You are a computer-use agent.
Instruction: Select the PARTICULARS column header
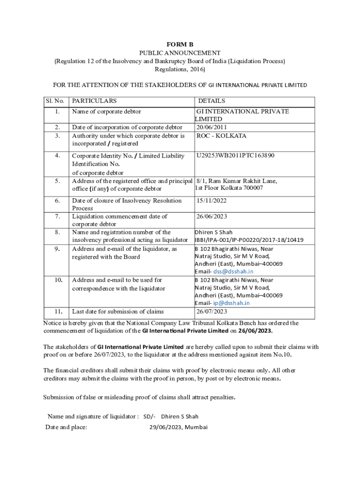click(x=94, y=101)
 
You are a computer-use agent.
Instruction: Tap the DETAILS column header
click(x=211, y=101)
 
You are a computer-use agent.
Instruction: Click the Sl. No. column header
click(x=55, y=101)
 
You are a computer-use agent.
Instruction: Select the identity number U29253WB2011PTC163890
click(x=235, y=155)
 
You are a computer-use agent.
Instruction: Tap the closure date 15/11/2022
click(x=212, y=201)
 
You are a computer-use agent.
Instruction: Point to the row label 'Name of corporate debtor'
click(x=107, y=111)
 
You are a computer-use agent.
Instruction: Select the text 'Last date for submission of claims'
click(x=118, y=311)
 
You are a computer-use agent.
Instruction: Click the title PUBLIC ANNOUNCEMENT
click(x=180, y=53)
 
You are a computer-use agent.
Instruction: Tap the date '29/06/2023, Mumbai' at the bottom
click(x=179, y=427)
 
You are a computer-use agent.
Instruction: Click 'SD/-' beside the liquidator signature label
click(x=150, y=416)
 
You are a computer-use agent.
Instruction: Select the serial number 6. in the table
click(x=57, y=201)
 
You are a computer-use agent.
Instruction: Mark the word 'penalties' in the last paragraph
click(x=220, y=398)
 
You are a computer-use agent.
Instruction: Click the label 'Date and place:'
click(x=66, y=427)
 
